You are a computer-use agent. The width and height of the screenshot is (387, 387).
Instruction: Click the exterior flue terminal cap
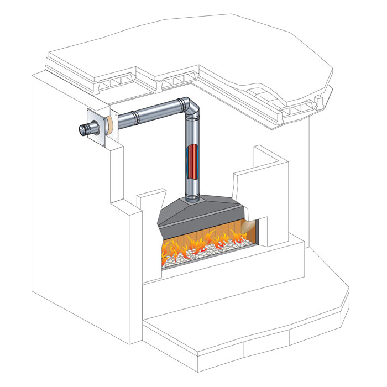[85, 130]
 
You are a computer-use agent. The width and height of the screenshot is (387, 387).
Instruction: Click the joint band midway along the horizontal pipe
[136, 117]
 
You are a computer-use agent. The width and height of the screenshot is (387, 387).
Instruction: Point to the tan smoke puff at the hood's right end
[248, 225]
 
